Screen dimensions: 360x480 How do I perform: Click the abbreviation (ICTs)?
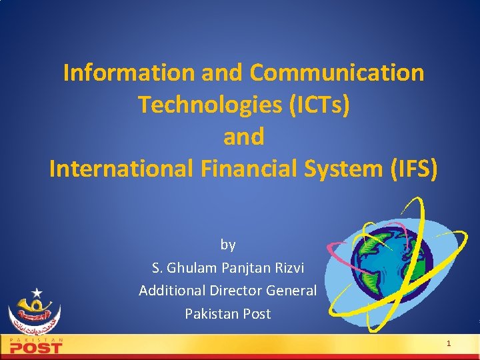click(x=314, y=105)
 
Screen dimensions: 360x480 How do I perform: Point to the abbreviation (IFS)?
click(x=414, y=169)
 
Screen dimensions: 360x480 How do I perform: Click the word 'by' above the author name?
click(x=228, y=245)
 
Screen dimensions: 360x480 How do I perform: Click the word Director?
click(x=236, y=291)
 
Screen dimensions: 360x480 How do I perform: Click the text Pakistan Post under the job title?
click(x=228, y=313)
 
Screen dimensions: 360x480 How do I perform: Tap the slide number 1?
click(x=449, y=344)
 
